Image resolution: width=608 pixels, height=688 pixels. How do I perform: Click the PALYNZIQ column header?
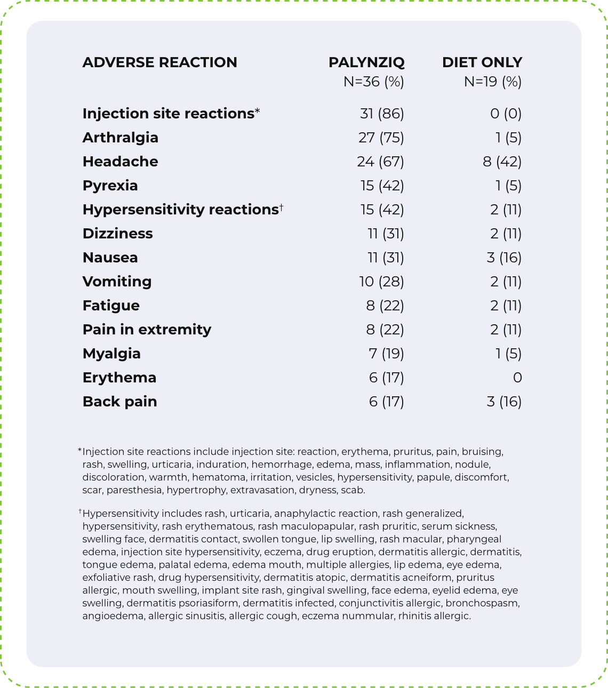[366, 62]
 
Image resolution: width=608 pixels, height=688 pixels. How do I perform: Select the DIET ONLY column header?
[482, 62]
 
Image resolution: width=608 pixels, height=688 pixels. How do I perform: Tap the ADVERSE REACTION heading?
[159, 62]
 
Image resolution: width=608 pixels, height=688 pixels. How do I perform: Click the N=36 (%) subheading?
[373, 82]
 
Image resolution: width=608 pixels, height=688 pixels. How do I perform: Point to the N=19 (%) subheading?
[492, 82]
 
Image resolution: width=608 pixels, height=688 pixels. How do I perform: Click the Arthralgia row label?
[120, 138]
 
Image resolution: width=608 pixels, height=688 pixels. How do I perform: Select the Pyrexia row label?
[110, 186]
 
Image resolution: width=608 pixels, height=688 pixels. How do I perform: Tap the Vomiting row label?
[117, 282]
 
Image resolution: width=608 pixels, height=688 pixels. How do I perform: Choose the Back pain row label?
[119, 402]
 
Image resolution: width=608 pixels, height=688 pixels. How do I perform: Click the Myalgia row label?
[111, 354]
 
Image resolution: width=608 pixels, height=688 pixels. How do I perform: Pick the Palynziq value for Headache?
[380, 162]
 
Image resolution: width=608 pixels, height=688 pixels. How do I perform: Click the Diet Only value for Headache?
[502, 162]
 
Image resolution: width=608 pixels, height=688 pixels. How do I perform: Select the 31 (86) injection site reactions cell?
[382, 114]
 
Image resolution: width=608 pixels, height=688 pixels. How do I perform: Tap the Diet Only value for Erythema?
[517, 378]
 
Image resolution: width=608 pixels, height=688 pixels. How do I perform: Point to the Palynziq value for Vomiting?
[381, 282]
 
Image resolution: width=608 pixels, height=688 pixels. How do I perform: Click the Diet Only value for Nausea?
[504, 258]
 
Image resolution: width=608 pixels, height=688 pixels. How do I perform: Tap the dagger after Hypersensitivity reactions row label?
[281, 207]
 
